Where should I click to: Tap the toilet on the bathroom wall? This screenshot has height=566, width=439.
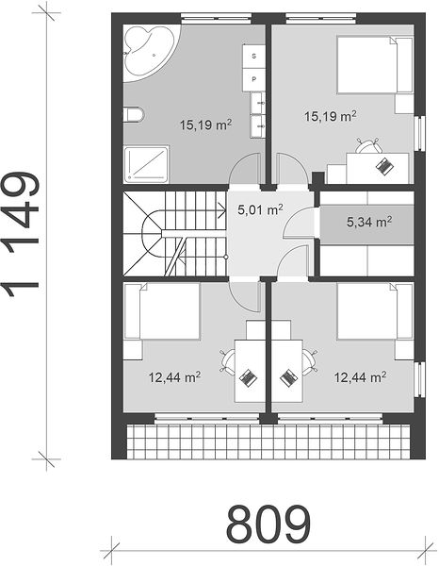134,114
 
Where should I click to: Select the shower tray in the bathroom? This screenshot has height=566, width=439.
146,164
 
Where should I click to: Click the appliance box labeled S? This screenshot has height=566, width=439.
254,56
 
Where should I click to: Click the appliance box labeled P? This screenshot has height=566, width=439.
254,79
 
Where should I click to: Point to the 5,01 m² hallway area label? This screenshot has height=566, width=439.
260,209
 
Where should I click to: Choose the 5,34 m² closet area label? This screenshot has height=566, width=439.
369,222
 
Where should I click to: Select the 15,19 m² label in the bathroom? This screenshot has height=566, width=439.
205,125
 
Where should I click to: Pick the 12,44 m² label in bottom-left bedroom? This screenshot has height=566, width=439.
175,377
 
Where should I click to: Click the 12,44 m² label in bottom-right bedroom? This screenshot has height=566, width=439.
361,377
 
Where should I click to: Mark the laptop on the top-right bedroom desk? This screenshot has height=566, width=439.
385,166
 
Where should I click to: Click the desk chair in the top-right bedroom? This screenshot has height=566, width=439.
368,146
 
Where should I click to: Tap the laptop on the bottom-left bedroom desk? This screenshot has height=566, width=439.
248,378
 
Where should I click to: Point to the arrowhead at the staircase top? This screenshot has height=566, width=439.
221,210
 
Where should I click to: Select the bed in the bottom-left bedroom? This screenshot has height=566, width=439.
161,311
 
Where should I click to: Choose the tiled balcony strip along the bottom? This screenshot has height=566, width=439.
268,441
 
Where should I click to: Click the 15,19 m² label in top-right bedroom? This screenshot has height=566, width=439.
331,116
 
